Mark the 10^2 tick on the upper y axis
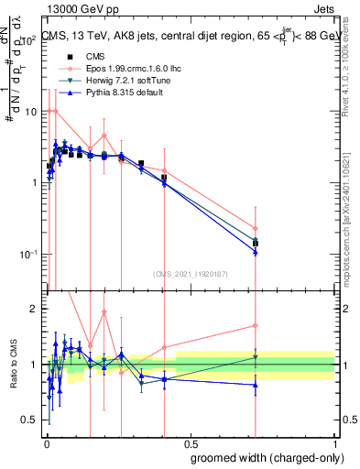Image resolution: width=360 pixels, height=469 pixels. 29,41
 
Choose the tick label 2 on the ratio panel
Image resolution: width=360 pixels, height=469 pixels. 35,310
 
